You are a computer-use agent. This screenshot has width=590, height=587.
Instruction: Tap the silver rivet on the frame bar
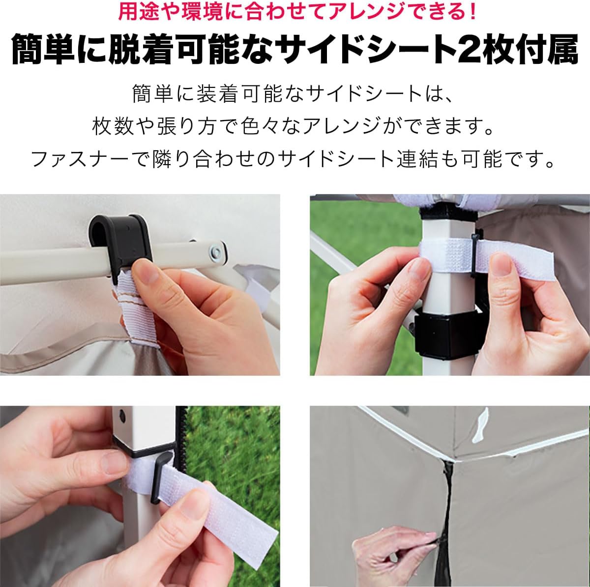point(215,252)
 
